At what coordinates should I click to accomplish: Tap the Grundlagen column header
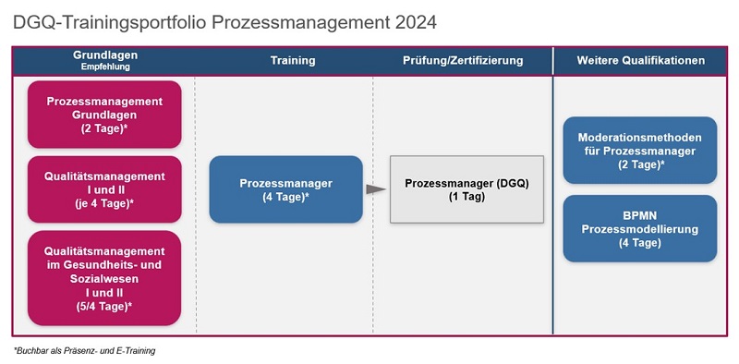105,55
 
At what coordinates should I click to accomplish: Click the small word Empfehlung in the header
104,67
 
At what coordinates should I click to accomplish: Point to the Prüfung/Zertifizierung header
463,61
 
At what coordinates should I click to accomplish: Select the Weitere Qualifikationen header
641,61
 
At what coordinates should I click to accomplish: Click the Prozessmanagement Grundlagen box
104,115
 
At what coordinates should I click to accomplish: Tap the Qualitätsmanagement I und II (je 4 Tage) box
104,188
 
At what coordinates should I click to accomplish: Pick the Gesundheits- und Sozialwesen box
104,278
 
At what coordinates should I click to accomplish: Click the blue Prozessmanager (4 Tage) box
285,189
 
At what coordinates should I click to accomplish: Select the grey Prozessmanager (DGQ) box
466,189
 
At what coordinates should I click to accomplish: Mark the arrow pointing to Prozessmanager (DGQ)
374,189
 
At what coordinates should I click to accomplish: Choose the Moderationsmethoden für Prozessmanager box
639,150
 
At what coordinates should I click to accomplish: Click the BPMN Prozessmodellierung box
639,228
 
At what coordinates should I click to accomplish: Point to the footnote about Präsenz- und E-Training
84,351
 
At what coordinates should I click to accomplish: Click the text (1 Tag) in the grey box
466,197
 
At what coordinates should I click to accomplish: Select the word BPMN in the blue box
639,214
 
